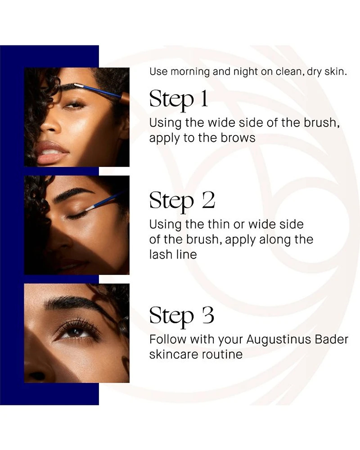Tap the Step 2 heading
182,201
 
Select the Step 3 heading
182,316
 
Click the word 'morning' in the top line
190,72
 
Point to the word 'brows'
238,138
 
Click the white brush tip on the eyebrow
78,85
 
